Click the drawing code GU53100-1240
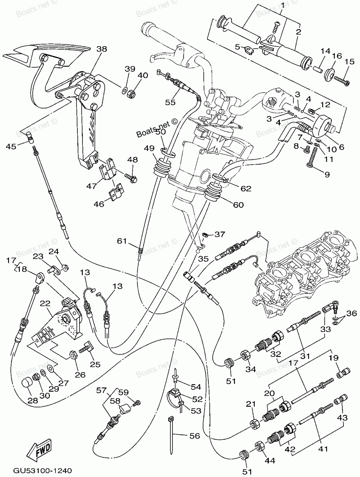click(43, 471)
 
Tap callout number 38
click(102, 49)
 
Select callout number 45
click(11, 146)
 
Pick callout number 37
click(219, 235)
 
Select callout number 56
click(194, 436)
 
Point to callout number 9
click(327, 175)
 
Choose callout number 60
click(238, 205)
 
